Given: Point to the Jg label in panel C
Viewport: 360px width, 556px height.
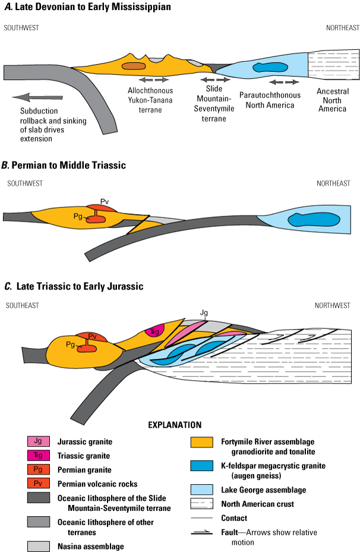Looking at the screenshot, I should click(x=204, y=311).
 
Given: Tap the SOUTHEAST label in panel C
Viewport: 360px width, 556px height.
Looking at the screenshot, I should click(x=22, y=305).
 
